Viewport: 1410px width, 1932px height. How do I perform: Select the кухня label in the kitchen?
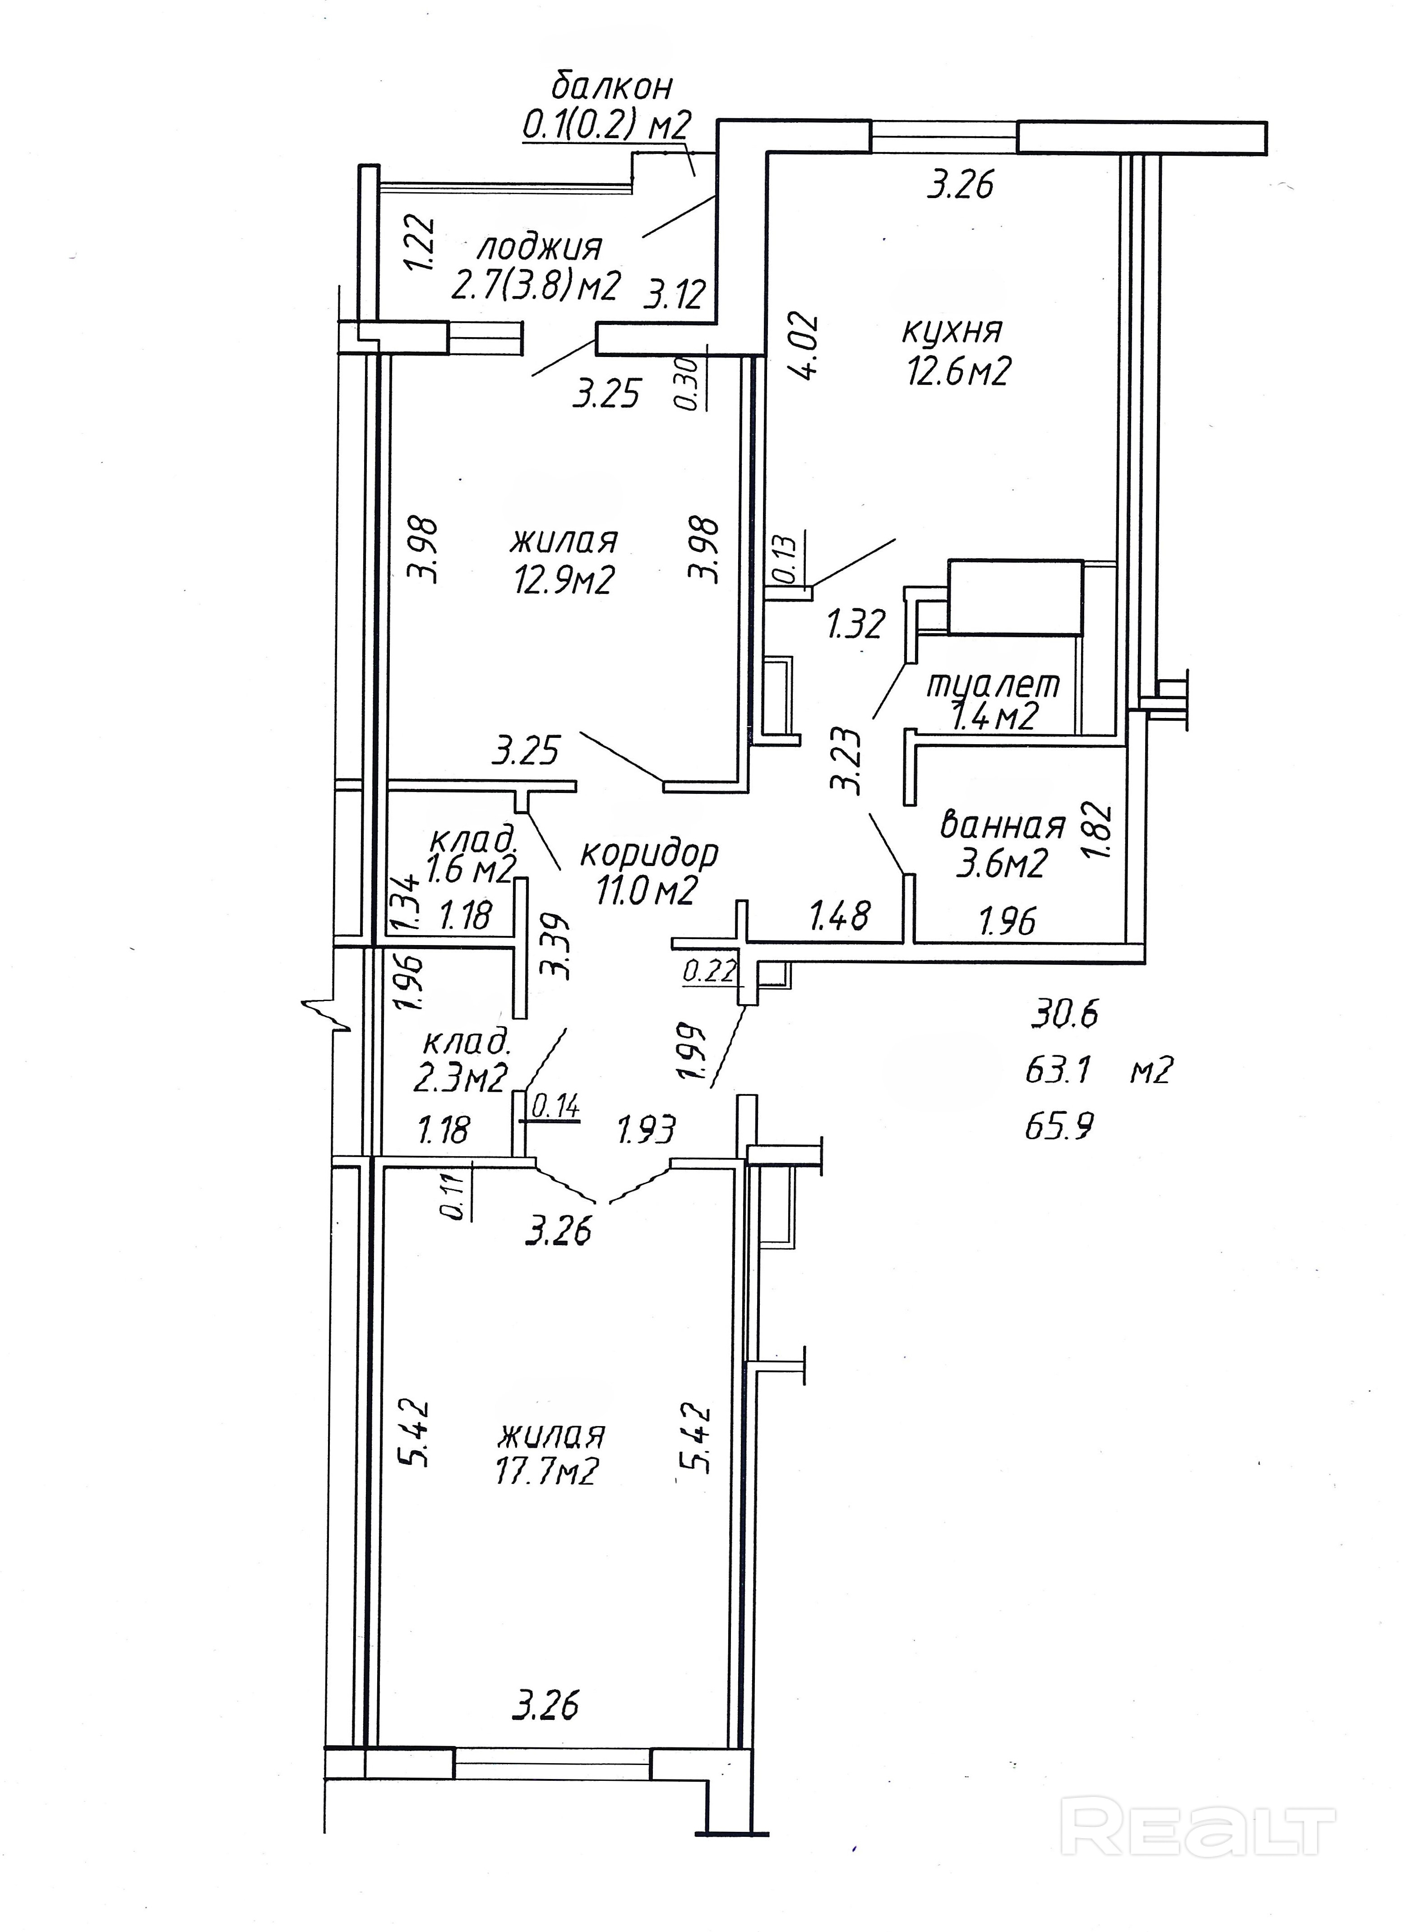952,330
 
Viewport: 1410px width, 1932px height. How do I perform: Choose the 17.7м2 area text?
547,1470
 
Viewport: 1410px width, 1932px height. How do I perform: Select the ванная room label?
1003,825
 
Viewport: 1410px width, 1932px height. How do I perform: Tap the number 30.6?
1064,1014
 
